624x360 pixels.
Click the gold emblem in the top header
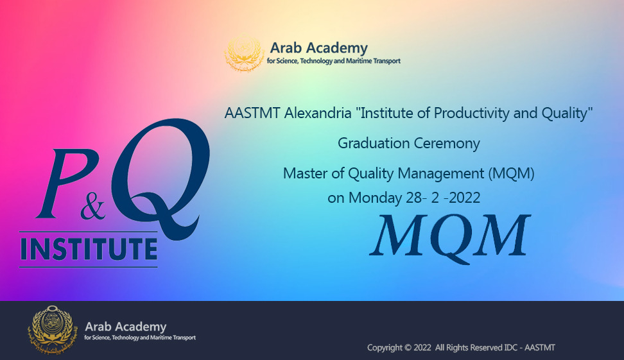point(244,53)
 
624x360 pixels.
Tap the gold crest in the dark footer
point(51,329)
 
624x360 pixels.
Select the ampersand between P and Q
point(92,209)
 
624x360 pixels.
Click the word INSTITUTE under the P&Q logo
point(89,249)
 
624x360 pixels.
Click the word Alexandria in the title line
point(318,113)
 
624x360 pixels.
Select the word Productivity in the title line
point(471,114)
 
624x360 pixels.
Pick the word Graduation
point(374,143)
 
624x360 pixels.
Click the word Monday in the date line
point(375,198)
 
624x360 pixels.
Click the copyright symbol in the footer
point(408,348)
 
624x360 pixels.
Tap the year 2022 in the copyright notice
point(422,348)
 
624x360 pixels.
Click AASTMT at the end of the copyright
point(540,348)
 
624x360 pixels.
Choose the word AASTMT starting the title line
point(252,113)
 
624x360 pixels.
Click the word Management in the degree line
point(441,173)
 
